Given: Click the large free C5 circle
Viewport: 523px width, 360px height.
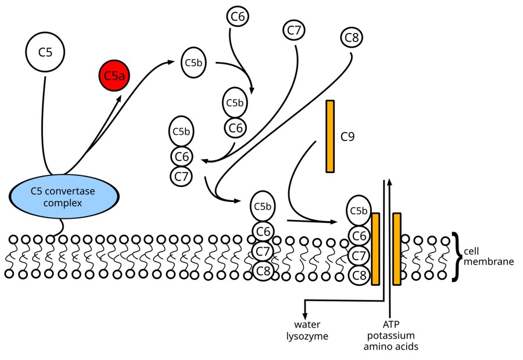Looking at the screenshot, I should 45,52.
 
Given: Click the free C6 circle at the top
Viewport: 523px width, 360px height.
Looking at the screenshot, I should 237,17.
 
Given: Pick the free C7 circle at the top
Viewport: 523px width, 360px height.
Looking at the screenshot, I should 295,30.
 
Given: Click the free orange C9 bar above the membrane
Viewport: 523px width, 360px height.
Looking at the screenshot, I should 330,136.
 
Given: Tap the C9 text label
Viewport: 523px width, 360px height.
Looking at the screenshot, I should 348,137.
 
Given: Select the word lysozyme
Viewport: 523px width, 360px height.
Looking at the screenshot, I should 307,336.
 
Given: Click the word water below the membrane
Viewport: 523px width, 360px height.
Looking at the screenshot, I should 307,325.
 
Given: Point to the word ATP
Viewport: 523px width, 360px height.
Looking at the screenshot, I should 391,325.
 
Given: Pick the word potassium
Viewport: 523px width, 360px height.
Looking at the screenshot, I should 391,336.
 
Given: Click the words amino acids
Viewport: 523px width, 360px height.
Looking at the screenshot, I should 391,347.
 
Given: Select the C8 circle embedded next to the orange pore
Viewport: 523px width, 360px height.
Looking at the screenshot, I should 359,275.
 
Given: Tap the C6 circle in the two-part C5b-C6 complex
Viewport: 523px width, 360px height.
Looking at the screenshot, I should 235,127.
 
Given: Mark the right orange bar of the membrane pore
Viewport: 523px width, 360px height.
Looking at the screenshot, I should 397,249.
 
